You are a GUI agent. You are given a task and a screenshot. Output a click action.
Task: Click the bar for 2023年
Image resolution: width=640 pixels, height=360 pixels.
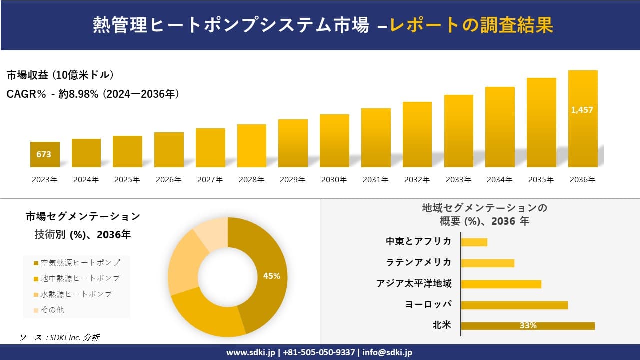[45, 155]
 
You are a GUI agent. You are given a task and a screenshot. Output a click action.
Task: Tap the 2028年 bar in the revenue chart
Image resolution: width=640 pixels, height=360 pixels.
[251, 146]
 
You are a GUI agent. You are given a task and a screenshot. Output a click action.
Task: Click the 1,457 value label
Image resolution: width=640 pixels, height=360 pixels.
[582, 110]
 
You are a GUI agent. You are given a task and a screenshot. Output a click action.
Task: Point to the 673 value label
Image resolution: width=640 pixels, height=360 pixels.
[44, 154]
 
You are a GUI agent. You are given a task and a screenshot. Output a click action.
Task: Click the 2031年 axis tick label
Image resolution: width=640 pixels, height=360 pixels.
[375, 180]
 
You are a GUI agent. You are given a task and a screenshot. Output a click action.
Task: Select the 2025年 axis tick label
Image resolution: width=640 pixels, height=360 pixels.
[127, 180]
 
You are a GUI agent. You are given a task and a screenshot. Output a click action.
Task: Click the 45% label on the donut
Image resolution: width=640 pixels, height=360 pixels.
[272, 276]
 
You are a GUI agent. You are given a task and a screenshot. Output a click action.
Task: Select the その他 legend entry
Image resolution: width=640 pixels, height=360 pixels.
[52, 310]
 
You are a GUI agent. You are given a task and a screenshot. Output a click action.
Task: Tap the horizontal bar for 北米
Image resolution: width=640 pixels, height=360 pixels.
[527, 326]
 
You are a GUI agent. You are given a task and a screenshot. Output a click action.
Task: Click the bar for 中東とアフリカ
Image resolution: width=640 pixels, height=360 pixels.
[474, 242]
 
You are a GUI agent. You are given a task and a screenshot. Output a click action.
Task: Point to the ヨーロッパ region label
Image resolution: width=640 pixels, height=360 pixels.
[428, 304]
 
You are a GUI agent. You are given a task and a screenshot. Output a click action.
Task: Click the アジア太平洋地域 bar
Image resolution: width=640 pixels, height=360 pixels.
[501, 284]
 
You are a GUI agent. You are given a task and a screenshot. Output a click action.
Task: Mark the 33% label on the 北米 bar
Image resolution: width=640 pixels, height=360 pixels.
[528, 326]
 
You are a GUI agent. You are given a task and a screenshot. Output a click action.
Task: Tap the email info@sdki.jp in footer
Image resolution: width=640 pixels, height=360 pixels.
[387, 352]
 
